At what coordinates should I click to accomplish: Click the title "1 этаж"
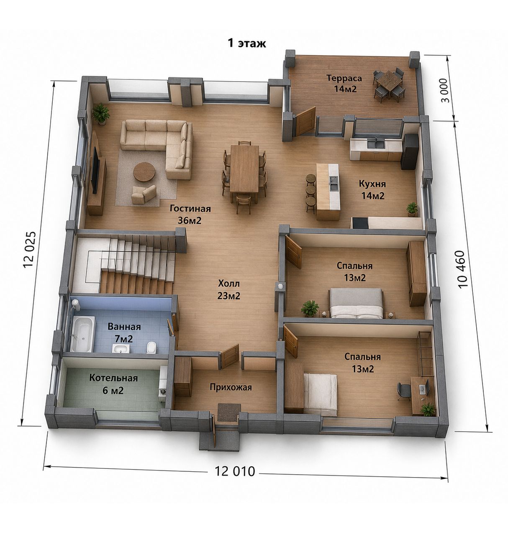(246, 43)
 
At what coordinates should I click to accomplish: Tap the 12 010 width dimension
(235, 471)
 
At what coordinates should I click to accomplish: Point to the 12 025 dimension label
(29, 250)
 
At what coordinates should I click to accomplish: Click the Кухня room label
(372, 184)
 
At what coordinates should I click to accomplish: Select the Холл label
(229, 284)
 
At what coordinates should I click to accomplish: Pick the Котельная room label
(113, 378)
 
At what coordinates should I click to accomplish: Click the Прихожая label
(231, 387)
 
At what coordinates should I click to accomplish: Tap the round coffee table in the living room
(144, 171)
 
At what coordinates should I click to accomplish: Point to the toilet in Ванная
(151, 348)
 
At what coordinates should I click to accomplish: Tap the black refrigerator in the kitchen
(409, 151)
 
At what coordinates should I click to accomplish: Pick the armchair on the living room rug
(144, 194)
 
